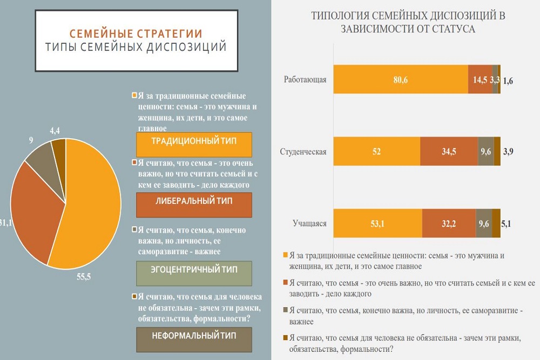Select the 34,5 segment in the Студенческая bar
(x=449, y=152)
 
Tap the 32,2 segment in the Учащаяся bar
(x=449, y=223)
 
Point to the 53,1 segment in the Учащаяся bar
(x=378, y=223)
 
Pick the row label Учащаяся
(x=309, y=223)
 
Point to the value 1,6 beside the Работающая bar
(x=508, y=81)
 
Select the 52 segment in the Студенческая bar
(x=376, y=152)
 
